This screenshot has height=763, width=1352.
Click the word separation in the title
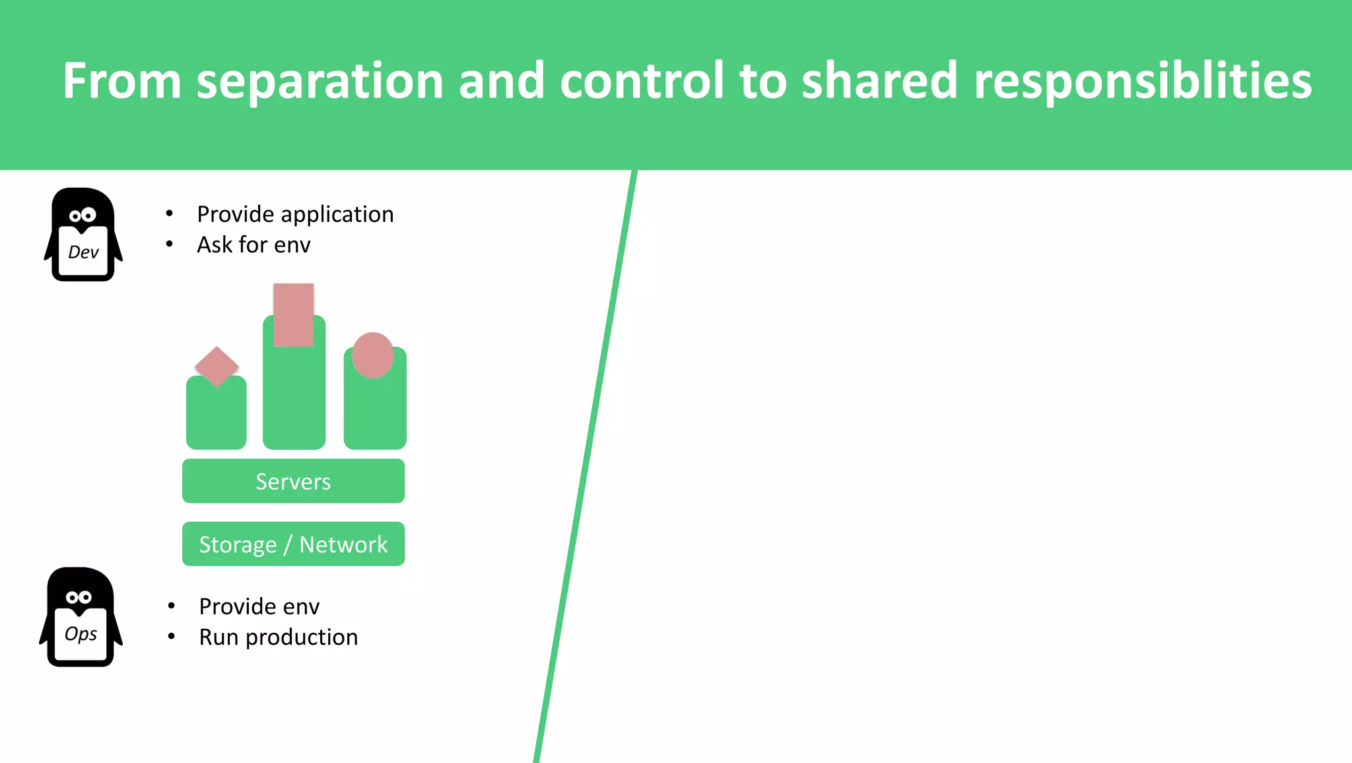320,81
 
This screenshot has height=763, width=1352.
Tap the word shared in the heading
879,81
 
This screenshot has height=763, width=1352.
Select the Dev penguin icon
83,235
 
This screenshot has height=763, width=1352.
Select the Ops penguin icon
81,616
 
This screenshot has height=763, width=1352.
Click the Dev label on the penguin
83,252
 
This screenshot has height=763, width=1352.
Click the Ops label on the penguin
81,634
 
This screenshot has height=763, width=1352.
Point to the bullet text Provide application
295,214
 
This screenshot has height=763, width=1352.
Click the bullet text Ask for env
253,245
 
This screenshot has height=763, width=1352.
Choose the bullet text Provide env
259,606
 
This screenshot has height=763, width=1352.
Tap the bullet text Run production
278,637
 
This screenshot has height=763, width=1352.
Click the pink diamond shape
217,366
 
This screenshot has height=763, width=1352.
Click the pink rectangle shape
293,314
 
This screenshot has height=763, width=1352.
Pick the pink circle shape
372,355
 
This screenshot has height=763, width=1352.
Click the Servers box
293,481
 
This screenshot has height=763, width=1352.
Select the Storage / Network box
293,544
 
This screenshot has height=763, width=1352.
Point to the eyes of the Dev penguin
83,215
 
